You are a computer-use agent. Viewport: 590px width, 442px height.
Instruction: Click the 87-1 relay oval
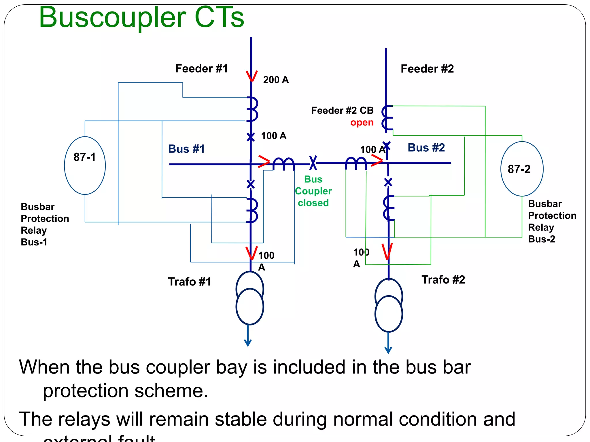point(85,165)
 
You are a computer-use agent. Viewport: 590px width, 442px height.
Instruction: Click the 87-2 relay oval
point(522,169)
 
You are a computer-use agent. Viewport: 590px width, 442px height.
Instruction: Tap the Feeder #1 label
point(201,68)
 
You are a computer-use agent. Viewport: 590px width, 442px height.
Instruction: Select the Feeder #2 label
point(427,69)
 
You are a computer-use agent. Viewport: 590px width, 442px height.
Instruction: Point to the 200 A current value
point(275,80)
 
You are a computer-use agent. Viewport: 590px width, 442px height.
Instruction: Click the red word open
point(362,123)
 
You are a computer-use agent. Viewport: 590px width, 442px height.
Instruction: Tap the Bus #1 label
point(186,149)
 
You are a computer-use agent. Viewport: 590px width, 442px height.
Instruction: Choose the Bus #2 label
point(426,148)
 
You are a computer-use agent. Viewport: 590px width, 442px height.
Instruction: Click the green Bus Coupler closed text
point(313,191)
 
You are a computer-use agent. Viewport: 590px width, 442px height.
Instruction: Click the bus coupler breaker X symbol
point(313,163)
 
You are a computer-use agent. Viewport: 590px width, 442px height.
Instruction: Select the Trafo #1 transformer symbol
point(249,298)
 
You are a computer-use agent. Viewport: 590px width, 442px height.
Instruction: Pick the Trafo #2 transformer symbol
point(388,305)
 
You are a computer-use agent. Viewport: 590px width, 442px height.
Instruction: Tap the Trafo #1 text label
point(189,282)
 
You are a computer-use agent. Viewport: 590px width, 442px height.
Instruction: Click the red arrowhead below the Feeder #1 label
point(251,76)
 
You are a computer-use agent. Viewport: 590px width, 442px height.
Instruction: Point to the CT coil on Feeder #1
point(253,109)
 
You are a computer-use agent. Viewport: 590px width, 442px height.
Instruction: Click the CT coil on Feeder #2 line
point(387,118)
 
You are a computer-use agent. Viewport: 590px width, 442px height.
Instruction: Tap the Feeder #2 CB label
point(342,110)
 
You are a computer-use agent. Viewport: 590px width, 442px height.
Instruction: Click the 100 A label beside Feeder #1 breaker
point(273,136)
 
